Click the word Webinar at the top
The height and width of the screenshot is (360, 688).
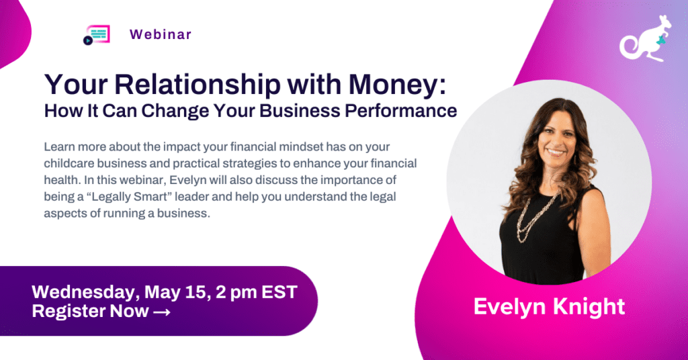tap(160, 34)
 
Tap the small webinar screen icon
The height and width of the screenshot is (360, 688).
tap(96, 35)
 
